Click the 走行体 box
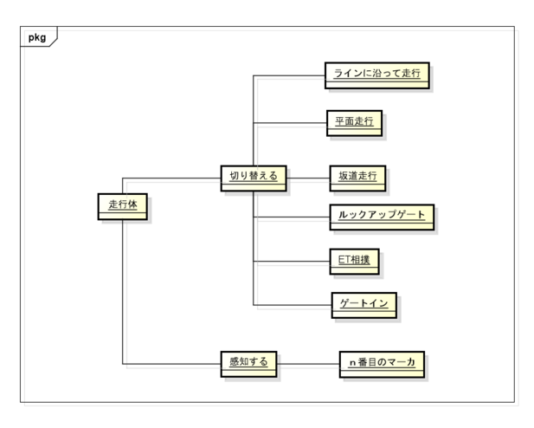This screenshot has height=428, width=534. click(x=123, y=207)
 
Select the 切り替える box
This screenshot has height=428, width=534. click(x=254, y=178)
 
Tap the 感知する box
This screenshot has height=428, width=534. click(x=248, y=364)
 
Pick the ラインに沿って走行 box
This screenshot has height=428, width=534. click(x=377, y=75)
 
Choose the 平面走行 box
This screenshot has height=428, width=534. click(x=354, y=123)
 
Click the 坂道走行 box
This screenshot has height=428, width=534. click(x=357, y=178)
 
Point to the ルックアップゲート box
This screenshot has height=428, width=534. click(x=382, y=217)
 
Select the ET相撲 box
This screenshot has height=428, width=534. click(x=354, y=262)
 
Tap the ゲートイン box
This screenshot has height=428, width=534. click(x=364, y=305)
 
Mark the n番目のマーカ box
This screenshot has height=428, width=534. click(x=382, y=364)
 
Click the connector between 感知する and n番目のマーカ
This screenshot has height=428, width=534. click(x=308, y=364)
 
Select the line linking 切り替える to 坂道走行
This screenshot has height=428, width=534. click(x=308, y=178)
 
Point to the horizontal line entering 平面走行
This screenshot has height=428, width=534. click(x=290, y=123)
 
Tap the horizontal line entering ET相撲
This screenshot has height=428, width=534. click(x=292, y=262)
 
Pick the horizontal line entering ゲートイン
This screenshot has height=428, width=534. click(x=293, y=305)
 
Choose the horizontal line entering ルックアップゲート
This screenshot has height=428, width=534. click(x=292, y=217)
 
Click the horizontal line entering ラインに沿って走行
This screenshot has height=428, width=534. click(x=289, y=75)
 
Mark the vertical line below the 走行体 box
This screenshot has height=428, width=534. click(x=123, y=292)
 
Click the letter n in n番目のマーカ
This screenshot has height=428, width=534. click(x=353, y=363)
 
